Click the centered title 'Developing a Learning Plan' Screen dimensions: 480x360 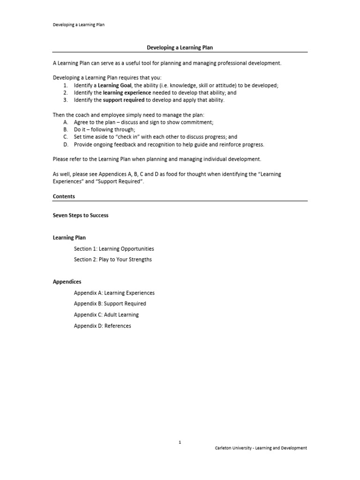180,48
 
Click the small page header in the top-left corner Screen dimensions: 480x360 78,25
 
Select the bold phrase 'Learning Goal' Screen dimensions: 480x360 115,85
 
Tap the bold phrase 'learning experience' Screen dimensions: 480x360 127,93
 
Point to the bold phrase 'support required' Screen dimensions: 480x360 123,100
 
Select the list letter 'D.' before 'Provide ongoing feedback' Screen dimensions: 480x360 66,144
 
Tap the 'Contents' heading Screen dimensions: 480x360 64,197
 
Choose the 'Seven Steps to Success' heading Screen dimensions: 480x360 81,216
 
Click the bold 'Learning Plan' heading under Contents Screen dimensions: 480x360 69,238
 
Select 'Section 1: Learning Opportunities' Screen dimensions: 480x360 114,249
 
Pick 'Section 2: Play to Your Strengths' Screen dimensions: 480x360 113,260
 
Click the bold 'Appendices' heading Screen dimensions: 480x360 67,282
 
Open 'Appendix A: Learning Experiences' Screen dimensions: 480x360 114,293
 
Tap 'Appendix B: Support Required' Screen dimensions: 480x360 110,304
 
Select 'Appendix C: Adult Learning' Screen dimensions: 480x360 106,315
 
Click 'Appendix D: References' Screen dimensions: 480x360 103,326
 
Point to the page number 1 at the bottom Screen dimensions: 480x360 180,442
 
